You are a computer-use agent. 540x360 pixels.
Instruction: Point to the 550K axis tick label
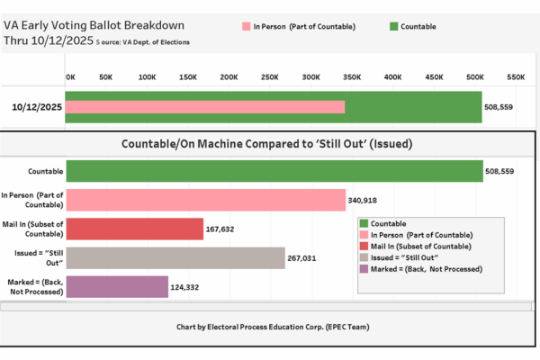516,77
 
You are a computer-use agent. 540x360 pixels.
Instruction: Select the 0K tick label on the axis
70,77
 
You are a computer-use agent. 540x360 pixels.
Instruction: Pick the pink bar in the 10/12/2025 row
205,107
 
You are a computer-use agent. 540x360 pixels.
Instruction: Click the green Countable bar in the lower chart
274,171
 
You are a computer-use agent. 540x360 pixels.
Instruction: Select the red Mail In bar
134,229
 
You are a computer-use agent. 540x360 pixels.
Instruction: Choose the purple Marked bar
116,287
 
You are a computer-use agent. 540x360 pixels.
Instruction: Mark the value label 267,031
306,257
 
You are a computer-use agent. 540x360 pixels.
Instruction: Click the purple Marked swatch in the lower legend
364,268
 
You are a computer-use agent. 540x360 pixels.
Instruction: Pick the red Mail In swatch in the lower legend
364,246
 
